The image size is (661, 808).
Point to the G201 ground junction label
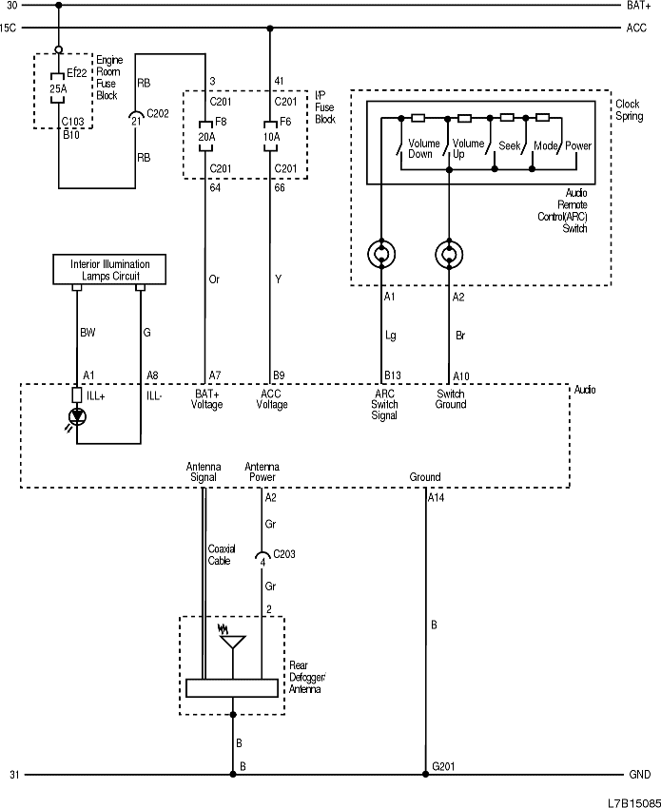point(444,765)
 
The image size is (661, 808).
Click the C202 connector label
point(158,113)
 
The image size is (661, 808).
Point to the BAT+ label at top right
point(638,6)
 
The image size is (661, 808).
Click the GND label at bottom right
point(638,775)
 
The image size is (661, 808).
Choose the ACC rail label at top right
point(636,29)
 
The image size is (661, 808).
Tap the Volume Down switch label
point(421,148)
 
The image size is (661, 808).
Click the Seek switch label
point(510,145)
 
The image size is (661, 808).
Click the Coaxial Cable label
point(222,554)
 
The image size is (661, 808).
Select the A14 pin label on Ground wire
point(436,497)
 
